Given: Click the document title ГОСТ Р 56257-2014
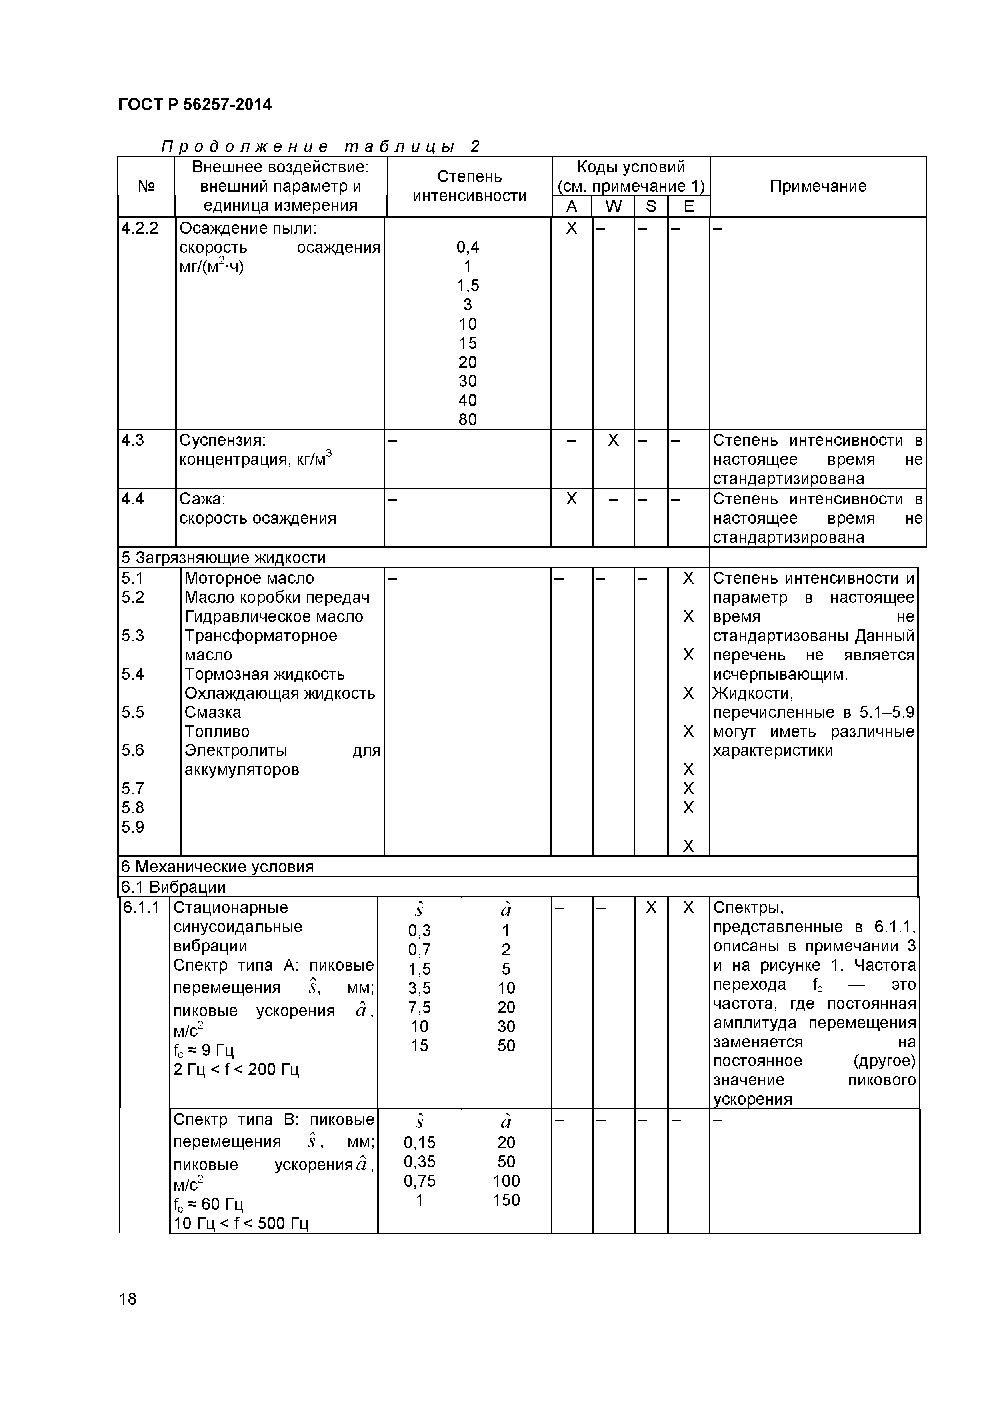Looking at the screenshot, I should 194,104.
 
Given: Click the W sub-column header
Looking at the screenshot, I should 613,206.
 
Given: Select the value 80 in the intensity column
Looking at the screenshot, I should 468,419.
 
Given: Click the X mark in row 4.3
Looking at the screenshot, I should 613,440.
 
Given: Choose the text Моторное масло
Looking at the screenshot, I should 249,578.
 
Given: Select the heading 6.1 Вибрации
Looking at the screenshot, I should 173,887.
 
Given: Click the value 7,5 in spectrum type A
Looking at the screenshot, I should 419,1007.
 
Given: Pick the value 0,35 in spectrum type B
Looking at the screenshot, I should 419,1161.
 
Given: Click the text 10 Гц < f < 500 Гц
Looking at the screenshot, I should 241,1223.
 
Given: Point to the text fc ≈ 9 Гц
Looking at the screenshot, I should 204,1050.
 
